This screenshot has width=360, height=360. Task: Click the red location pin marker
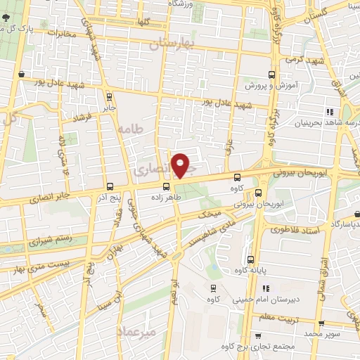[181, 165]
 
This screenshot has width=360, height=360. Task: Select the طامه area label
[131, 130]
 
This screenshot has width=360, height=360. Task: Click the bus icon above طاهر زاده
[166, 186]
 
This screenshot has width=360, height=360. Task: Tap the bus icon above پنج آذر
[110, 186]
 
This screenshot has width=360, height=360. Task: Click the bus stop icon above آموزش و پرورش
[272, 73]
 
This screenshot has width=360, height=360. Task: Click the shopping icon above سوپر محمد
[321, 324]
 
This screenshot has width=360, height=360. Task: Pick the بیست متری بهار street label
[35, 264]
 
